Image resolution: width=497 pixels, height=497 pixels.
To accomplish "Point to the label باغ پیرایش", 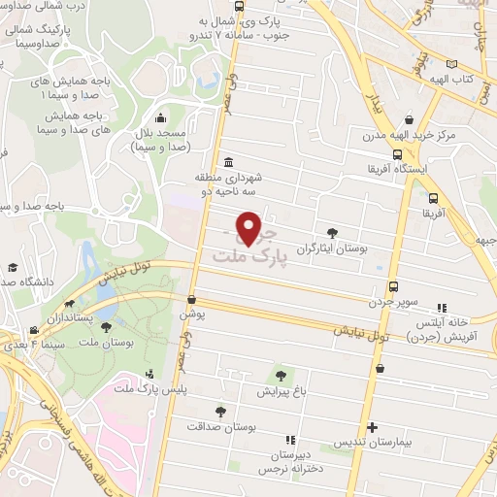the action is click(x=281, y=393).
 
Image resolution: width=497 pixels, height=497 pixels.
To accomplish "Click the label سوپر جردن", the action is click(x=392, y=302).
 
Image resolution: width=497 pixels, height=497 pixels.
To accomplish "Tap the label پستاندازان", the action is click(x=73, y=317).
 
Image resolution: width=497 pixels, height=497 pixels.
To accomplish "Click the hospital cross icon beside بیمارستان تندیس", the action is click(x=371, y=427).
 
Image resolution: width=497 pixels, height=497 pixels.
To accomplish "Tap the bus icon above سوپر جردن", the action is click(x=393, y=286).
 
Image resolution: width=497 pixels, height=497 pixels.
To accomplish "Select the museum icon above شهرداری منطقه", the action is click(x=227, y=162).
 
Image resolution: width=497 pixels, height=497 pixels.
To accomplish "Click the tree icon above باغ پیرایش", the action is click(x=281, y=376).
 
